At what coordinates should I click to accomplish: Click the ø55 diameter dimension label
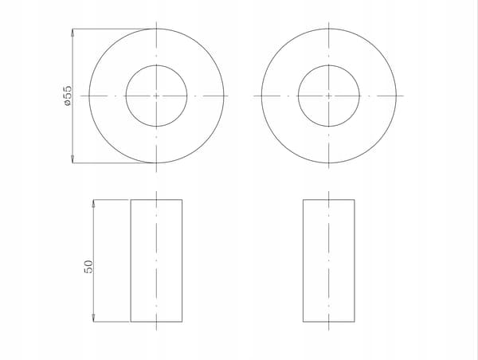coord(68,96)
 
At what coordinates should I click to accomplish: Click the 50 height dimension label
coord(88,267)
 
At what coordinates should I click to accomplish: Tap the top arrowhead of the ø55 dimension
coord(72,33)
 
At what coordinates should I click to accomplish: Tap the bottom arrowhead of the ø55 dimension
coord(72,159)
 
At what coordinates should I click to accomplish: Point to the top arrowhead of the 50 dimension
coord(93,203)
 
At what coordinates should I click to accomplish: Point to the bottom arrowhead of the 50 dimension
coord(93,318)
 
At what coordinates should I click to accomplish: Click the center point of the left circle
coord(156,96)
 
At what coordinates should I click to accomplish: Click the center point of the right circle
coord(328,96)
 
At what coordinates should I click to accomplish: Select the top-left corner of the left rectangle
coord(131,200)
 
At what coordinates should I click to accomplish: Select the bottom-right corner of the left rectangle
coord(182,322)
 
